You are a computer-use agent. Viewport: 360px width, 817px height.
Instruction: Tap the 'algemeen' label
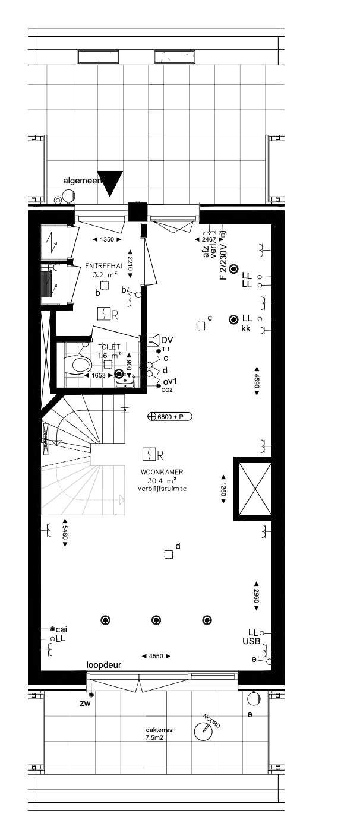[80, 180]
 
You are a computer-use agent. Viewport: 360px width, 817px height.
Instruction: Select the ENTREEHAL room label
[105, 266]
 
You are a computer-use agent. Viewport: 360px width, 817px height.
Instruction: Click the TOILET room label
[109, 347]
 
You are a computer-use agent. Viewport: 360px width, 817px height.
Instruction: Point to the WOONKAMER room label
[162, 472]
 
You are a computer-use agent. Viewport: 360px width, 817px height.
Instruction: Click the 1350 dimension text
[107, 239]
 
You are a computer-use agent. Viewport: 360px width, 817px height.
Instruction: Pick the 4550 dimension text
[156, 656]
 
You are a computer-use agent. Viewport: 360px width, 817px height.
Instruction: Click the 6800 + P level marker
[170, 417]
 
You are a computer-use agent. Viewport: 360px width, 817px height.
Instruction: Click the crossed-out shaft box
[254, 489]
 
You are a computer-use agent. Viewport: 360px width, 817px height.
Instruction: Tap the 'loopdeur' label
[104, 665]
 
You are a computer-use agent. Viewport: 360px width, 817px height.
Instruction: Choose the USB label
[251, 642]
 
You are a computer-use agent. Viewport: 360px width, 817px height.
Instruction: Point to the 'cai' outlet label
[61, 629]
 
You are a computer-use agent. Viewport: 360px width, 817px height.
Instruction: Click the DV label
[167, 340]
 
